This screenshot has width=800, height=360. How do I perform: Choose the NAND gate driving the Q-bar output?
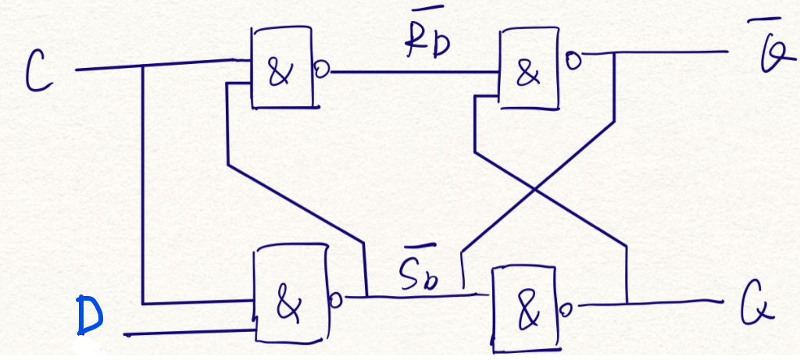pyautogui.click(x=530, y=70)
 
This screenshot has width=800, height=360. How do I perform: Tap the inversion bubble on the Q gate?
pyautogui.click(x=567, y=310)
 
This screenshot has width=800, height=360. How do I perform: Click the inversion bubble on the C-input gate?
pyautogui.click(x=320, y=71)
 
